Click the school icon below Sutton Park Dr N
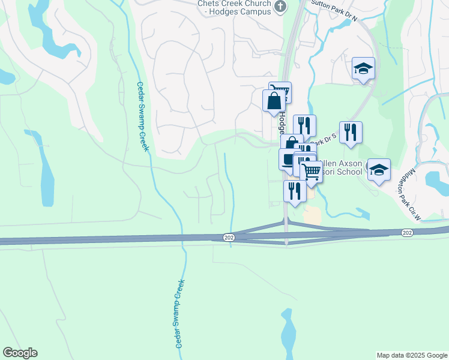click(x=363, y=68)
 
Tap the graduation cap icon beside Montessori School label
click(x=379, y=169)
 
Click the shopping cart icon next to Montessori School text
click(x=310, y=172)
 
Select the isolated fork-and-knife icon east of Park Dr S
click(x=351, y=132)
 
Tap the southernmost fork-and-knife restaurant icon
click(x=295, y=191)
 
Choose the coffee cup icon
click(x=289, y=159)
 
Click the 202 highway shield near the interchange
click(x=228, y=238)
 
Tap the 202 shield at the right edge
click(x=408, y=232)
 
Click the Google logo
click(x=20, y=353)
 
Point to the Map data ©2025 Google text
click(x=411, y=355)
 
